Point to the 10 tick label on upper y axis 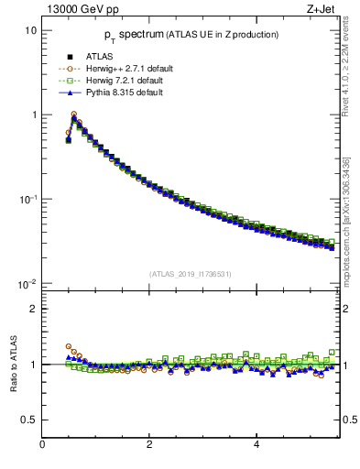[x=29, y=30]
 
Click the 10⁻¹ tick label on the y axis [x=27, y=200]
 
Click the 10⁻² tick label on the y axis [x=27, y=284]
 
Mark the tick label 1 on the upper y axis [x=33, y=115]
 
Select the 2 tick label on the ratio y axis [x=33, y=309]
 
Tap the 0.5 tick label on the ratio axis [x=28, y=420]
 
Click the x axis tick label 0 [x=42, y=445]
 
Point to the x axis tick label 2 [x=149, y=445]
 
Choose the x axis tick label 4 [x=256, y=445]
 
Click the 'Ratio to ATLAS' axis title [x=12, y=365]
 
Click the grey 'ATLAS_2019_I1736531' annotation [x=190, y=274]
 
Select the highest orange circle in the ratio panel [x=69, y=347]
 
